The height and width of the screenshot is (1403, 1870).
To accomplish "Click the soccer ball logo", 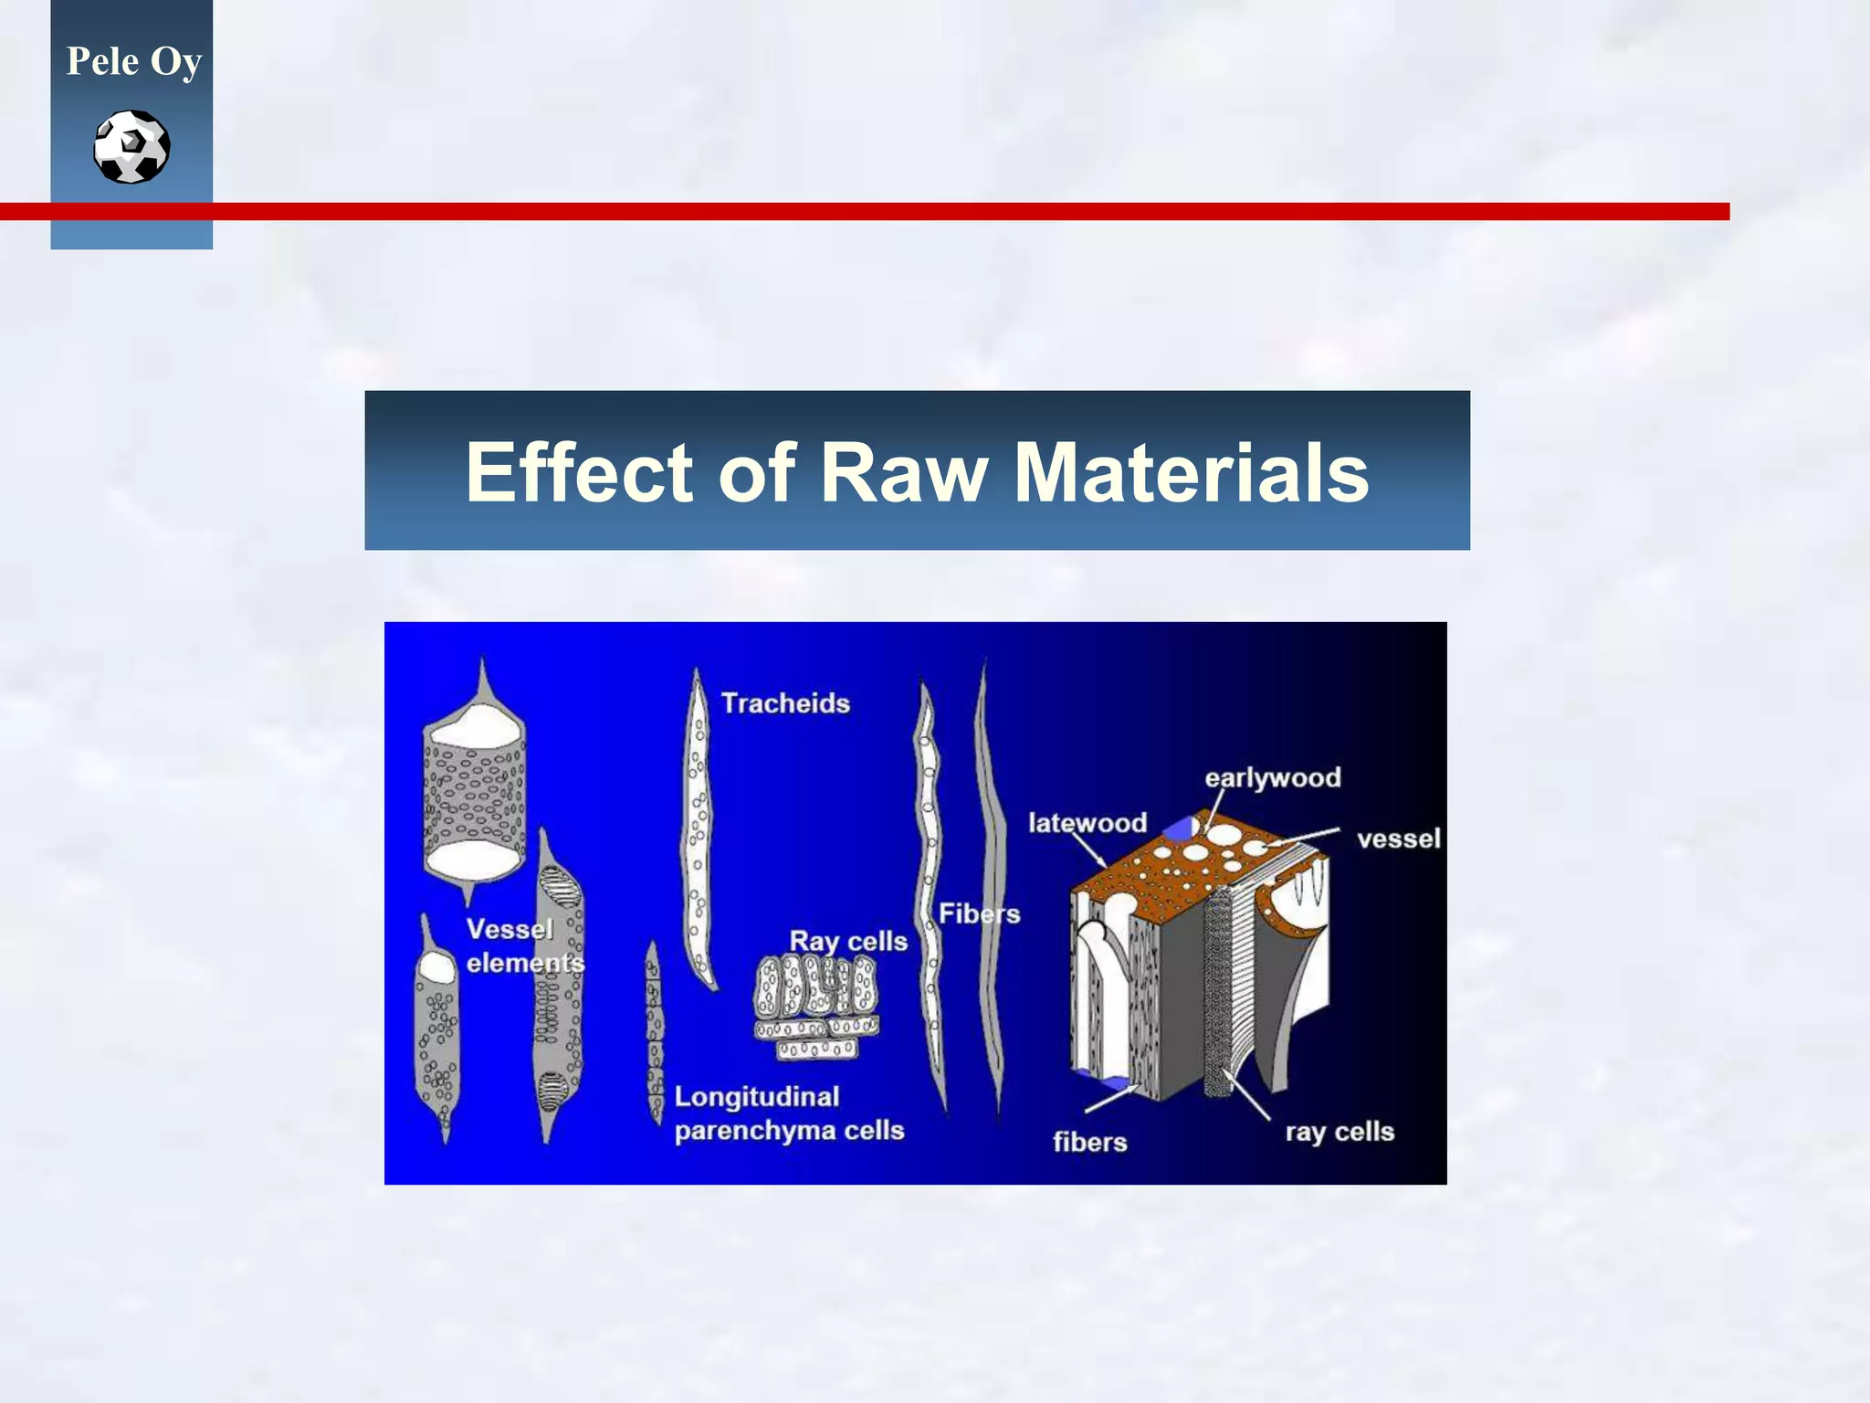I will point(131,146).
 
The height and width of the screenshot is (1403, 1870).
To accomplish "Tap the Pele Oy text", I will point(133,61).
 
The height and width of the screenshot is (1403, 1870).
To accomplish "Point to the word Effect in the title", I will point(580,472).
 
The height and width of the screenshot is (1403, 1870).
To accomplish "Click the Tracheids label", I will point(785,703).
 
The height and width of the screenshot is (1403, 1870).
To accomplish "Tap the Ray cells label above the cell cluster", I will point(847,941).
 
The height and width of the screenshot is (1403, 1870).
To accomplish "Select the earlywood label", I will point(1272,778).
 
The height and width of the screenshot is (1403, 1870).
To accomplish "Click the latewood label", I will point(1087,823).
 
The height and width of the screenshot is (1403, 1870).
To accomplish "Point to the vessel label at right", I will point(1398,839).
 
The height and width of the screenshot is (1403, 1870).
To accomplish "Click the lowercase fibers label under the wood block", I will point(1089,1142).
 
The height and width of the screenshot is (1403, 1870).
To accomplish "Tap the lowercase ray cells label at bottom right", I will point(1339,1132).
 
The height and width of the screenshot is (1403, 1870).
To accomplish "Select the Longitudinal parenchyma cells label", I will point(788,1113).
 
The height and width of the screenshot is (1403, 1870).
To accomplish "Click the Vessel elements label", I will point(522,945).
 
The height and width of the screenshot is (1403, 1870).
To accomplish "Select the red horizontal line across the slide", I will point(913,211).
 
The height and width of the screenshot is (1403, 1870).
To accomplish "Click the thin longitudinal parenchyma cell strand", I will point(654,1032).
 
